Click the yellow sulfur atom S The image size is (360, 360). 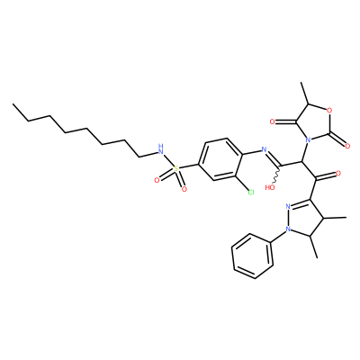click(x=175, y=170)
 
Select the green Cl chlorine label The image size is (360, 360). click(x=250, y=192)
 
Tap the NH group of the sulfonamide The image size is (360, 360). click(x=161, y=149)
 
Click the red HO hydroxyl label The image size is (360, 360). click(x=270, y=188)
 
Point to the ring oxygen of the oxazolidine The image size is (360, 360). click(x=329, y=111)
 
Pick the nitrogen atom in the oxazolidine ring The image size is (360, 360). click(x=307, y=140)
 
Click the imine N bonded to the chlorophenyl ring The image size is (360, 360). click(x=264, y=149)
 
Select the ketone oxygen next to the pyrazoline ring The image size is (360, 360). click(x=338, y=173)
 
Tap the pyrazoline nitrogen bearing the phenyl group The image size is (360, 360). click(x=288, y=229)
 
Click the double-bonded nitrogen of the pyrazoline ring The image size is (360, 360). click(x=288, y=206)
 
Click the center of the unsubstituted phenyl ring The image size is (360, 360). click(x=253, y=256)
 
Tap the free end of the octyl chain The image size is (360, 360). click(x=13, y=104)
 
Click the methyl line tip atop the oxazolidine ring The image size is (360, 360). click(x=301, y=82)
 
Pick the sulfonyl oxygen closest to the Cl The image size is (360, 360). click(x=184, y=189)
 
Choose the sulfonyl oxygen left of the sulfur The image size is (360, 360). click(x=157, y=180)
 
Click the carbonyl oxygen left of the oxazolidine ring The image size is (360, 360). click(x=273, y=121)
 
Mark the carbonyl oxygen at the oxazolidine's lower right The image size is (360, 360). click(x=347, y=146)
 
